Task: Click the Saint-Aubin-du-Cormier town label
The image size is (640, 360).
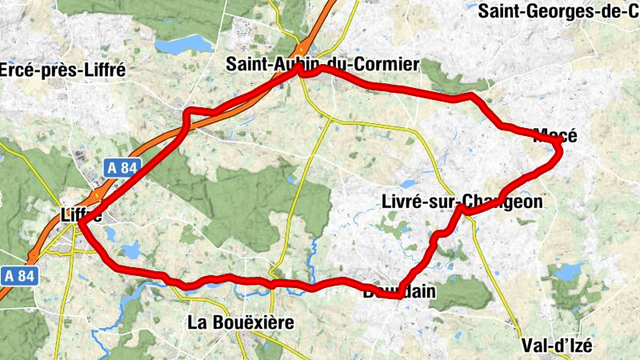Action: coord(322,63)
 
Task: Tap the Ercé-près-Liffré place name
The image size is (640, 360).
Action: coord(62,70)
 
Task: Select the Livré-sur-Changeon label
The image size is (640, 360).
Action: coord(462,202)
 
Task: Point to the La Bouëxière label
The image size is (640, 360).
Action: coord(241,322)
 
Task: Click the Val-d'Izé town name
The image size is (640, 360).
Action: coord(557,346)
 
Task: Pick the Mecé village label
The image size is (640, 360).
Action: coord(554,135)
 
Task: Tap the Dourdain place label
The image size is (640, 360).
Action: coord(400,292)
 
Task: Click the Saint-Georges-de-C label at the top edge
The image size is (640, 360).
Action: coord(558,11)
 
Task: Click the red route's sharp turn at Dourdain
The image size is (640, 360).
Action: coord(398,296)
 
